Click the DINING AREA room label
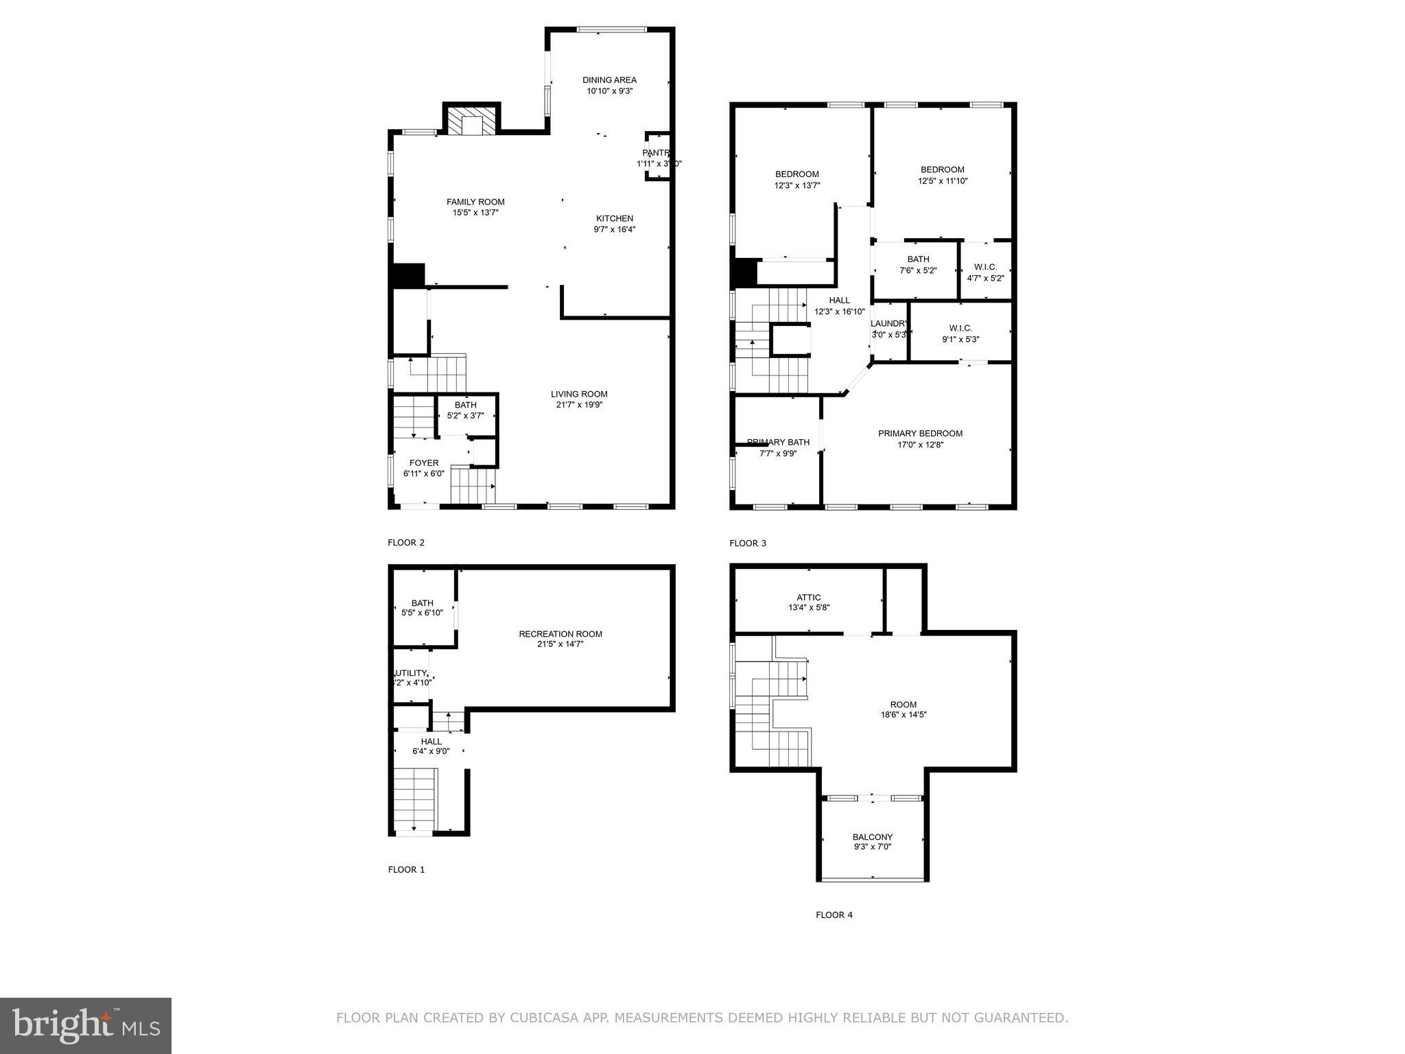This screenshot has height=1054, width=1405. (x=609, y=80)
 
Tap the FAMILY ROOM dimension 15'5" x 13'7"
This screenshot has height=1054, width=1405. (x=475, y=213)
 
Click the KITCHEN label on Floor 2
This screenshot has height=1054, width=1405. (x=614, y=219)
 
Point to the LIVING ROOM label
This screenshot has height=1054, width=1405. (x=579, y=394)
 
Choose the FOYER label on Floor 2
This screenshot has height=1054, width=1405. (x=424, y=463)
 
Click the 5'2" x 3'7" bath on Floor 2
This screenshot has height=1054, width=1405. (x=465, y=410)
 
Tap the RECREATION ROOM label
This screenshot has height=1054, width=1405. (x=560, y=634)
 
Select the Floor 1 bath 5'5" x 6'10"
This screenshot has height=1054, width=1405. (x=422, y=608)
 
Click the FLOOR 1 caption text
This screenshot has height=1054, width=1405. (x=406, y=869)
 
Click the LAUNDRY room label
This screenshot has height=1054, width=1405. (x=889, y=324)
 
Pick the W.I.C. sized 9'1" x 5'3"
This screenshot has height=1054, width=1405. (x=960, y=333)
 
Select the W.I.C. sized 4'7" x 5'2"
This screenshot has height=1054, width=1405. (x=985, y=272)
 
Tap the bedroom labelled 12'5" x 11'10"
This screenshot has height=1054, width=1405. (x=942, y=175)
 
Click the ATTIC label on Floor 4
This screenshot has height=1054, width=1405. (x=809, y=598)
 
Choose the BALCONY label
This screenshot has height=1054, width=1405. (x=872, y=837)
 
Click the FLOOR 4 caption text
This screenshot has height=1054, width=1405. (x=834, y=915)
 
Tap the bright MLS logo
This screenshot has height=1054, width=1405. (x=86, y=1025)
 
